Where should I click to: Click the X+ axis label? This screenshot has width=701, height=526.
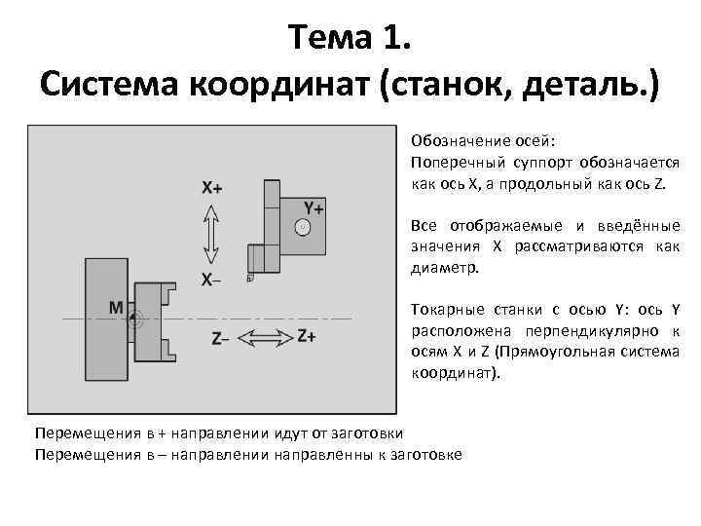point(211,187)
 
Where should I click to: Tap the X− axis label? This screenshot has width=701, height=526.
point(211,280)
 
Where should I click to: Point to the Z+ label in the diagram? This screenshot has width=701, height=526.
point(306,336)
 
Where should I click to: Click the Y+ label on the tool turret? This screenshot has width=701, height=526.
point(314,208)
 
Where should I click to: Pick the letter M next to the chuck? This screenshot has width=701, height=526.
point(116,308)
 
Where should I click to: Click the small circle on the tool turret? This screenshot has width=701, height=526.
point(303,226)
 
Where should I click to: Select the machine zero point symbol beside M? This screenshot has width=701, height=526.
point(136,318)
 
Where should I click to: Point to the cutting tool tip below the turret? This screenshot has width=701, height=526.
point(251,277)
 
